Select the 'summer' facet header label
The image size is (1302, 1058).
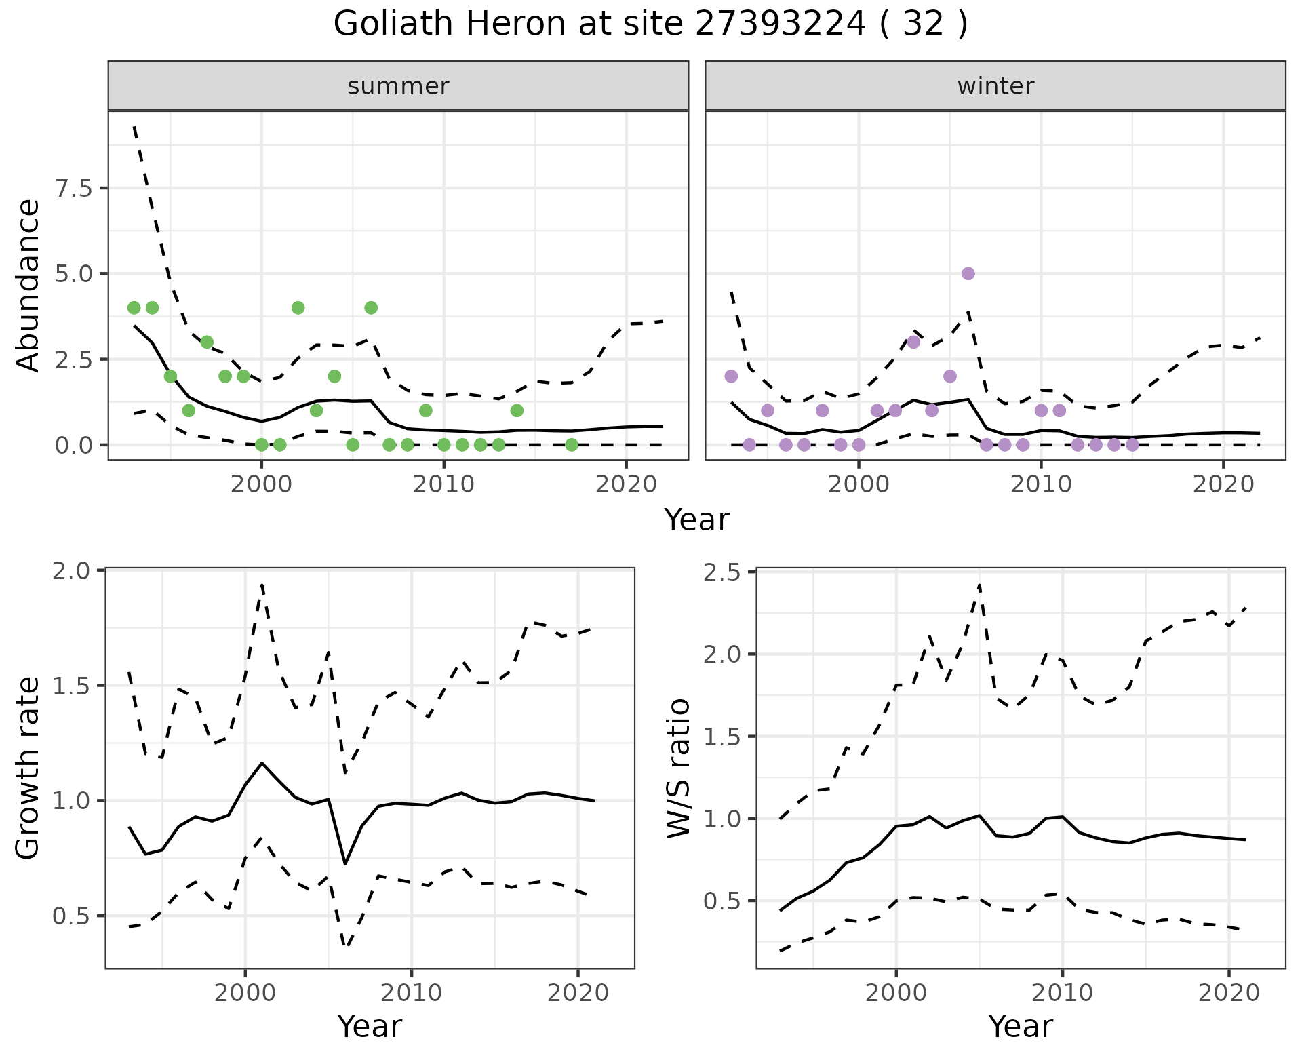click(398, 86)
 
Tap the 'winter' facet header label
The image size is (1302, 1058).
click(995, 86)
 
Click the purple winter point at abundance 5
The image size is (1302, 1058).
click(968, 273)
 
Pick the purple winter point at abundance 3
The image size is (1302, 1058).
click(913, 342)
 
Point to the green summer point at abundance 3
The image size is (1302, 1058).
click(207, 342)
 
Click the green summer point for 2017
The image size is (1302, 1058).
click(572, 444)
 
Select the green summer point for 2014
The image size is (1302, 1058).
click(517, 410)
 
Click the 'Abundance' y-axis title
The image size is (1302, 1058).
click(28, 285)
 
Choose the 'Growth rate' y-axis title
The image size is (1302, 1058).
click(28, 768)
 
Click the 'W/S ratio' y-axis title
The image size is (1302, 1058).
click(678, 768)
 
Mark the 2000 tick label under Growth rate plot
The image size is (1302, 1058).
click(245, 993)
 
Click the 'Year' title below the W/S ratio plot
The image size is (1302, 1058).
click(1020, 1026)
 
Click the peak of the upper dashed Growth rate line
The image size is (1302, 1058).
click(262, 584)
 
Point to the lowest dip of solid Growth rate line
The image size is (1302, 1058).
click(345, 863)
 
